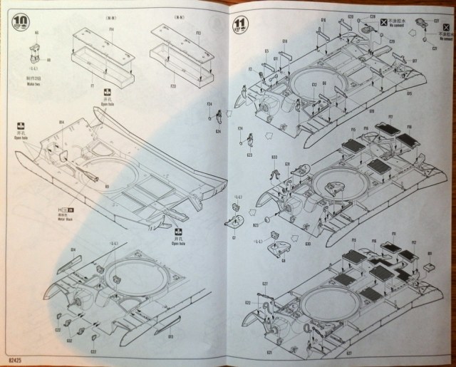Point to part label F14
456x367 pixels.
coord(111,29)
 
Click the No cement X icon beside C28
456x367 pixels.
coord(386,24)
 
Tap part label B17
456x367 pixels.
coord(414,61)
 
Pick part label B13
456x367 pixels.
coord(409,93)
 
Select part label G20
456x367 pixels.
coord(351,16)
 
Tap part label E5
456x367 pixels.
coord(266,51)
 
